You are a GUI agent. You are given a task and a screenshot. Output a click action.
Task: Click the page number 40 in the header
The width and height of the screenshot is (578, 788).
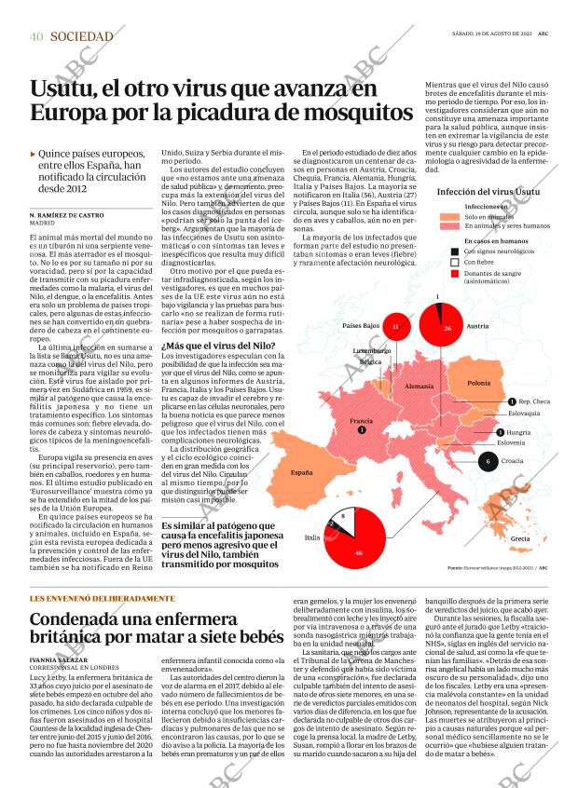click(x=36, y=36)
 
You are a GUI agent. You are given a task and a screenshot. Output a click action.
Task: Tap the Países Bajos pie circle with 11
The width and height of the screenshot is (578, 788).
click(x=395, y=327)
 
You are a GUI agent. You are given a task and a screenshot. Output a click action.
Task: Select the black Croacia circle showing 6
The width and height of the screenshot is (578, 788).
click(x=489, y=461)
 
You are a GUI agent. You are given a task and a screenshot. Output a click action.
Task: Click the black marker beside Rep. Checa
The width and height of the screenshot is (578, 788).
click(x=511, y=401)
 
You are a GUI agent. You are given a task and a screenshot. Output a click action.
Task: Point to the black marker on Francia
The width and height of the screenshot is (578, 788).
click(x=362, y=429)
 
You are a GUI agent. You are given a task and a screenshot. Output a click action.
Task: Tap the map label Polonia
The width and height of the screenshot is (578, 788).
click(x=479, y=383)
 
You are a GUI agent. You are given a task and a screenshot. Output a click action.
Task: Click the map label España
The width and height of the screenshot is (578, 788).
click(x=302, y=473)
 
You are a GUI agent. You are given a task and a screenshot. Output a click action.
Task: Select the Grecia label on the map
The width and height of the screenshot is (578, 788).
click(x=520, y=539)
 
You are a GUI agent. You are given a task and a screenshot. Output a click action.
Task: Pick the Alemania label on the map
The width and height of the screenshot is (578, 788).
click(x=420, y=385)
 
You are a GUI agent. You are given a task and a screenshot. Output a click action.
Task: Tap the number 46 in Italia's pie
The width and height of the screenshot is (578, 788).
click(x=359, y=553)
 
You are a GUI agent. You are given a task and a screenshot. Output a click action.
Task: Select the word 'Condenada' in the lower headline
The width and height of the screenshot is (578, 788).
click(x=80, y=619)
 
